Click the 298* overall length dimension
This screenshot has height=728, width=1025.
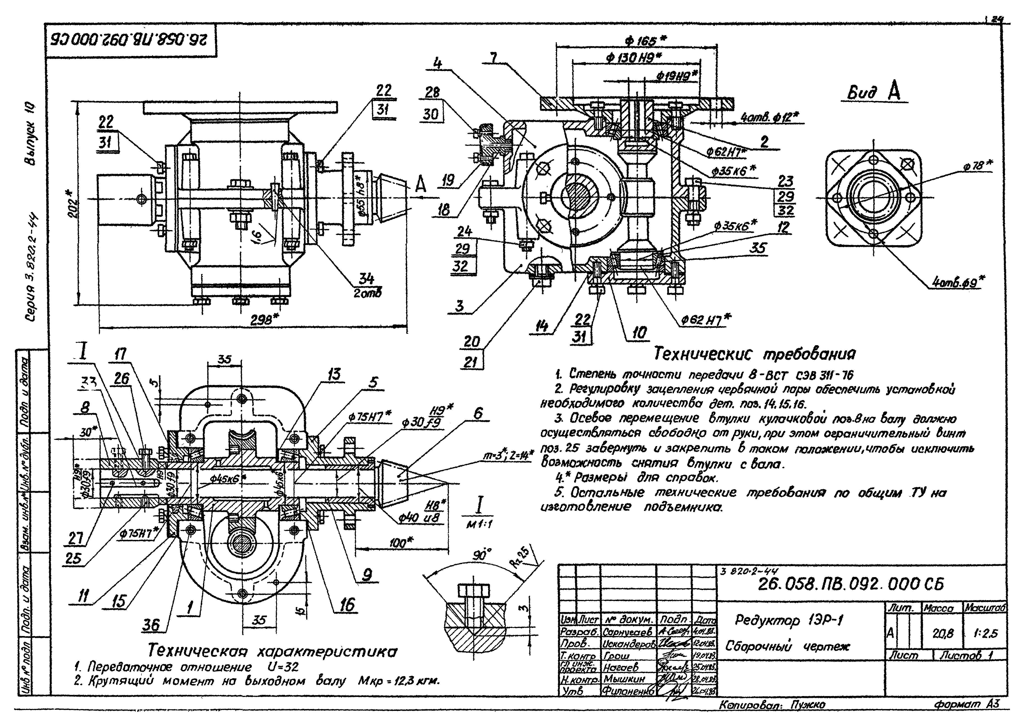pos(263,320)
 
